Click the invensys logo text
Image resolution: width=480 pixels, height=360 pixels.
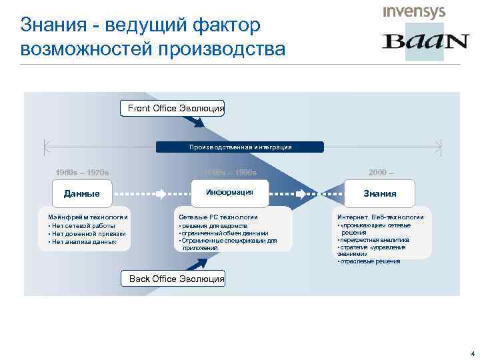coord(413,12)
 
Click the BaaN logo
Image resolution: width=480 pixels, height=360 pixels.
coord(425,41)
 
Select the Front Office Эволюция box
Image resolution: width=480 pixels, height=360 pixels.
coord(173,108)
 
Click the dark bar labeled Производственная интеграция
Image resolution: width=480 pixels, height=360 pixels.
coord(239,147)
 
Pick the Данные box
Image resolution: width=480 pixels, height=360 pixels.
coord(81,193)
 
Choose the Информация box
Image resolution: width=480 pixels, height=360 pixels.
coord(229,192)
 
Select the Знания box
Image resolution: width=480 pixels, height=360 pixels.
coord(379,193)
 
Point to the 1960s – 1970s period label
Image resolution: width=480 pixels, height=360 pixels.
coord(82,172)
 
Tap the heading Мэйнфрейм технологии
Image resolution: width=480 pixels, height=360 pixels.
coord(84,217)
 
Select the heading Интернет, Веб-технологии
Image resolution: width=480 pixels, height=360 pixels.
coord(380,217)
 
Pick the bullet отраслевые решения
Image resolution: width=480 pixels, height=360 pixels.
coord(371,261)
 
